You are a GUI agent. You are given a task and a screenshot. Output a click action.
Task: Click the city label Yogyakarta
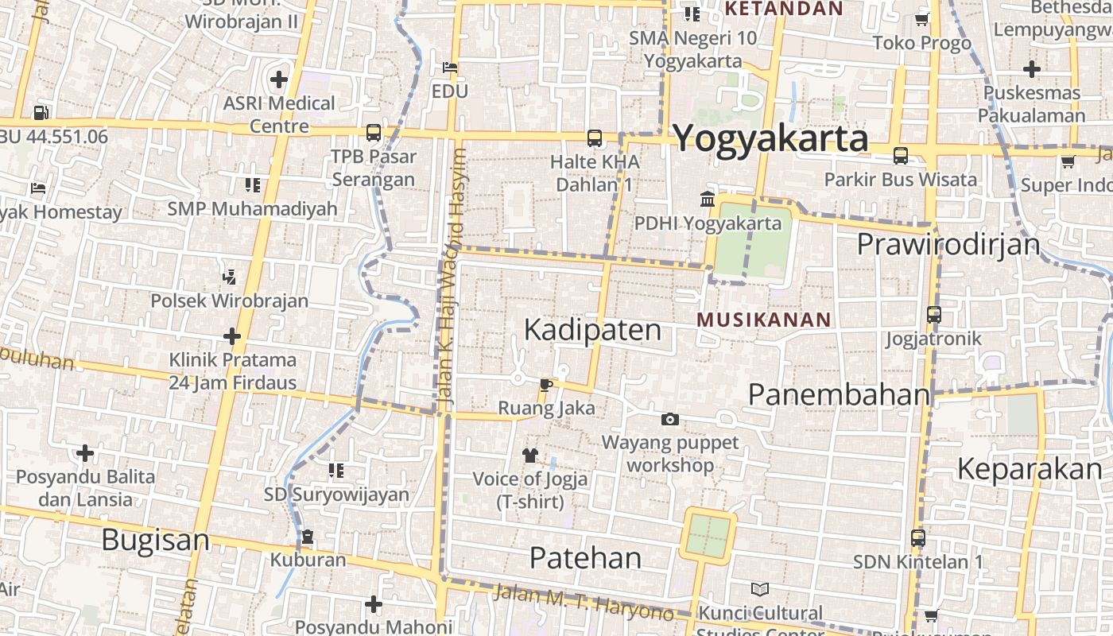pos(770,139)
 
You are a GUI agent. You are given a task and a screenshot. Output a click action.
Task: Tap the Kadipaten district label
pos(592,329)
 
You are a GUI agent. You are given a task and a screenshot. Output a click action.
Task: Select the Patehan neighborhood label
pos(585,557)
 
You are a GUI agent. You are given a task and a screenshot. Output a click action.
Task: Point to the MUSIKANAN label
pos(763,320)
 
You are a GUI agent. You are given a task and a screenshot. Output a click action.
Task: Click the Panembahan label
pos(839,394)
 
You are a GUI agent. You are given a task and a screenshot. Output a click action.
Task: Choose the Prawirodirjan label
pos(948,244)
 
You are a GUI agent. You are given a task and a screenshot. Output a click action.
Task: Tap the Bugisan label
pos(156,541)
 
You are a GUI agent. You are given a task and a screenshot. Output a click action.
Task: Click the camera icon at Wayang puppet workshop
pos(670,419)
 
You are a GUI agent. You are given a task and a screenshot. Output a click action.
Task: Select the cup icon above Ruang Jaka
pos(545,385)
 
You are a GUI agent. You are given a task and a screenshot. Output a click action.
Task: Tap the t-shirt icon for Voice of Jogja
pos(530,456)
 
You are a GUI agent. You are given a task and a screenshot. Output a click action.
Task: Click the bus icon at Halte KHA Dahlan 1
pos(595,138)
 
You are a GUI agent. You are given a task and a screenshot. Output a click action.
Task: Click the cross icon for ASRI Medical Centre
pos(279,79)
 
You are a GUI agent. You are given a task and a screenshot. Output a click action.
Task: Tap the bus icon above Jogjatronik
pos(934,315)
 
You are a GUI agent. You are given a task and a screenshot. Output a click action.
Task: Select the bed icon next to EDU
pos(450,68)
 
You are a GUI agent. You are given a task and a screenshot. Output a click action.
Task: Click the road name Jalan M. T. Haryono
pos(584,603)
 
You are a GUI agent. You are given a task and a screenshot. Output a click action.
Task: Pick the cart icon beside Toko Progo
pos(922,20)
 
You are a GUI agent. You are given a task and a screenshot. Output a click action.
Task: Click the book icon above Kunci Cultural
pos(760,589)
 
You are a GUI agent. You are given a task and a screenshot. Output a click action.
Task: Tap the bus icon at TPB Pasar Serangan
pos(373,133)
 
